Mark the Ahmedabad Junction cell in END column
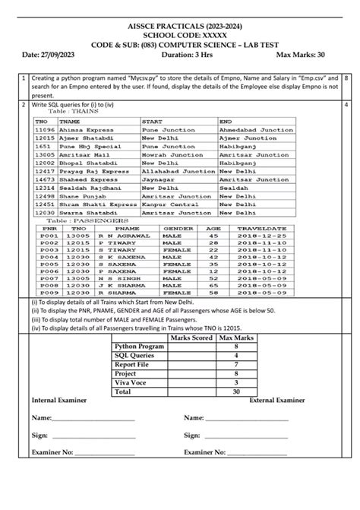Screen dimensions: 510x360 tap(256, 130)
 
